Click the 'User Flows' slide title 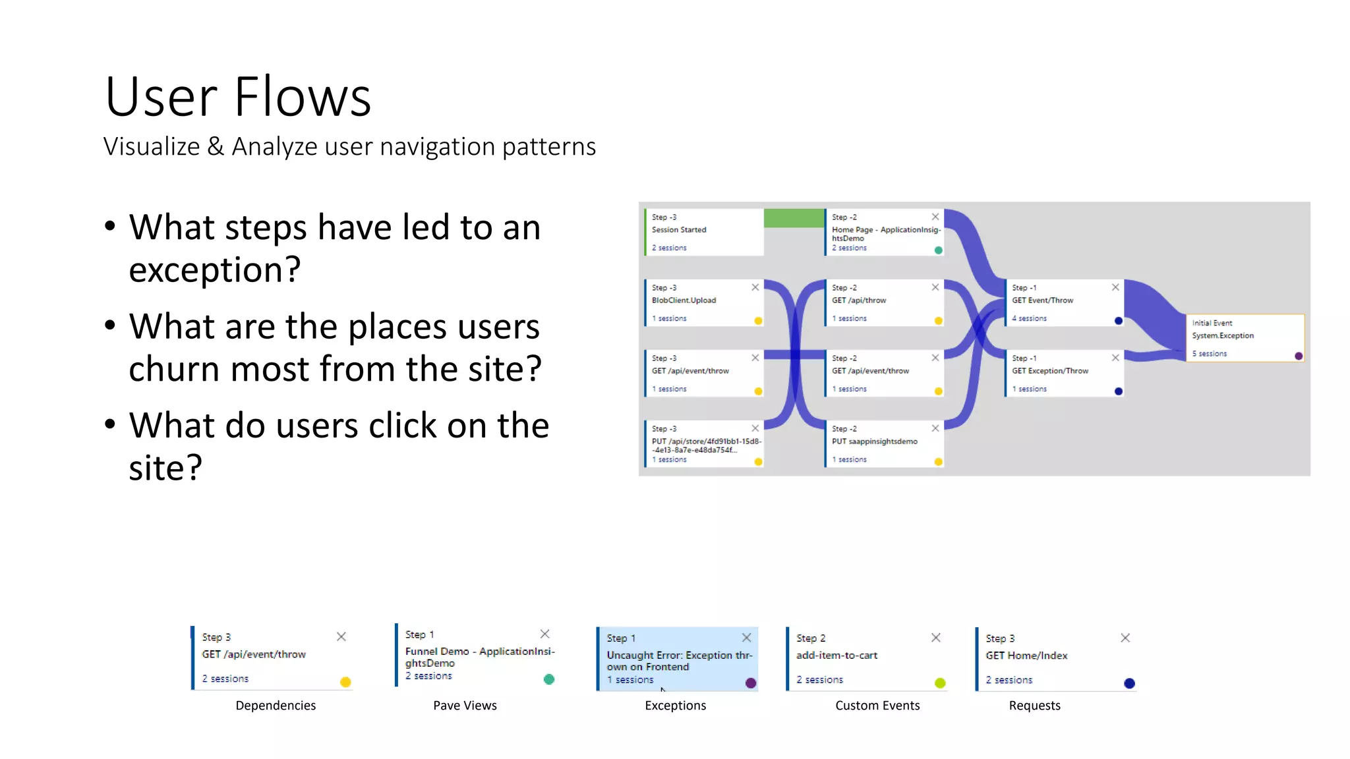point(238,97)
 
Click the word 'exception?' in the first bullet point(215,269)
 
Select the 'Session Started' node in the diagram point(703,232)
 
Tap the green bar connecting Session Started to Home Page point(794,218)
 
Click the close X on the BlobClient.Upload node point(755,287)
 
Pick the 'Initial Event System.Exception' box point(1245,337)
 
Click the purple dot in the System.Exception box point(1299,356)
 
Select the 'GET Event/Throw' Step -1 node point(1063,302)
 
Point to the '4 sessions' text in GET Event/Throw point(1029,318)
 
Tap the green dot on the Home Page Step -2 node point(938,250)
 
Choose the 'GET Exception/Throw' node point(1063,373)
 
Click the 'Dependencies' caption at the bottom point(276,706)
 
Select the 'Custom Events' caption point(877,706)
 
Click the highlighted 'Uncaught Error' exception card point(677,659)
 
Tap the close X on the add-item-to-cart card point(936,637)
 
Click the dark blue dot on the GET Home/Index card point(1129,683)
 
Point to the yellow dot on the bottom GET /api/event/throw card point(345,682)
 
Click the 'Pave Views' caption point(465,706)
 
